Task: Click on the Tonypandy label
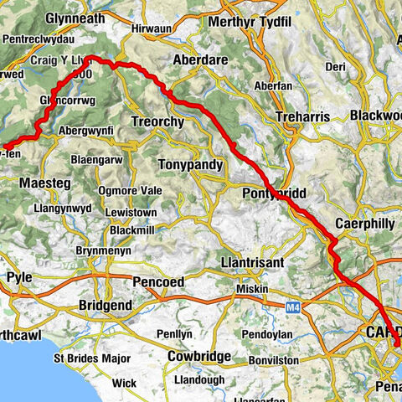click(x=193, y=165)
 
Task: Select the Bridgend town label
click(x=104, y=306)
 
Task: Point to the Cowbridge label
click(x=199, y=356)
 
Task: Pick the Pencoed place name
click(x=158, y=282)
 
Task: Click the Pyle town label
click(x=18, y=276)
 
